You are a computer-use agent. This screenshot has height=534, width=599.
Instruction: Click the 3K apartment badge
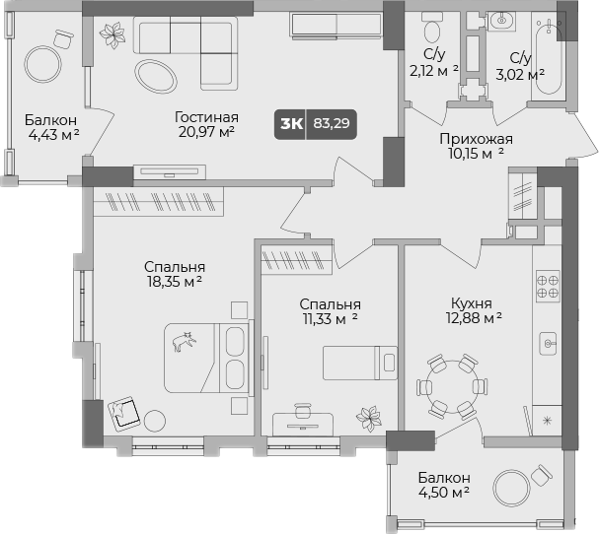click(291, 124)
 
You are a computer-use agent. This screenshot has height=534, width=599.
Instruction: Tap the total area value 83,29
click(333, 124)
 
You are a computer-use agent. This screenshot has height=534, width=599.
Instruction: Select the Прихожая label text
click(476, 139)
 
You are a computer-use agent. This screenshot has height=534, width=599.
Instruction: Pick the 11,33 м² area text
click(330, 318)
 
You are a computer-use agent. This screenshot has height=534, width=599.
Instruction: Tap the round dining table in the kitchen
click(453, 385)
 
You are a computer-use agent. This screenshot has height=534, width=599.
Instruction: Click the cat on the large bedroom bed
click(184, 342)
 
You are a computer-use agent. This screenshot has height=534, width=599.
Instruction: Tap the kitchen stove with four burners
click(547, 285)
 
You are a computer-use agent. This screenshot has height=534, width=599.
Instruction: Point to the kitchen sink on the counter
click(549, 343)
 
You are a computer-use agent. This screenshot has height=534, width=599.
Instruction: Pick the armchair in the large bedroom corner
click(125, 412)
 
